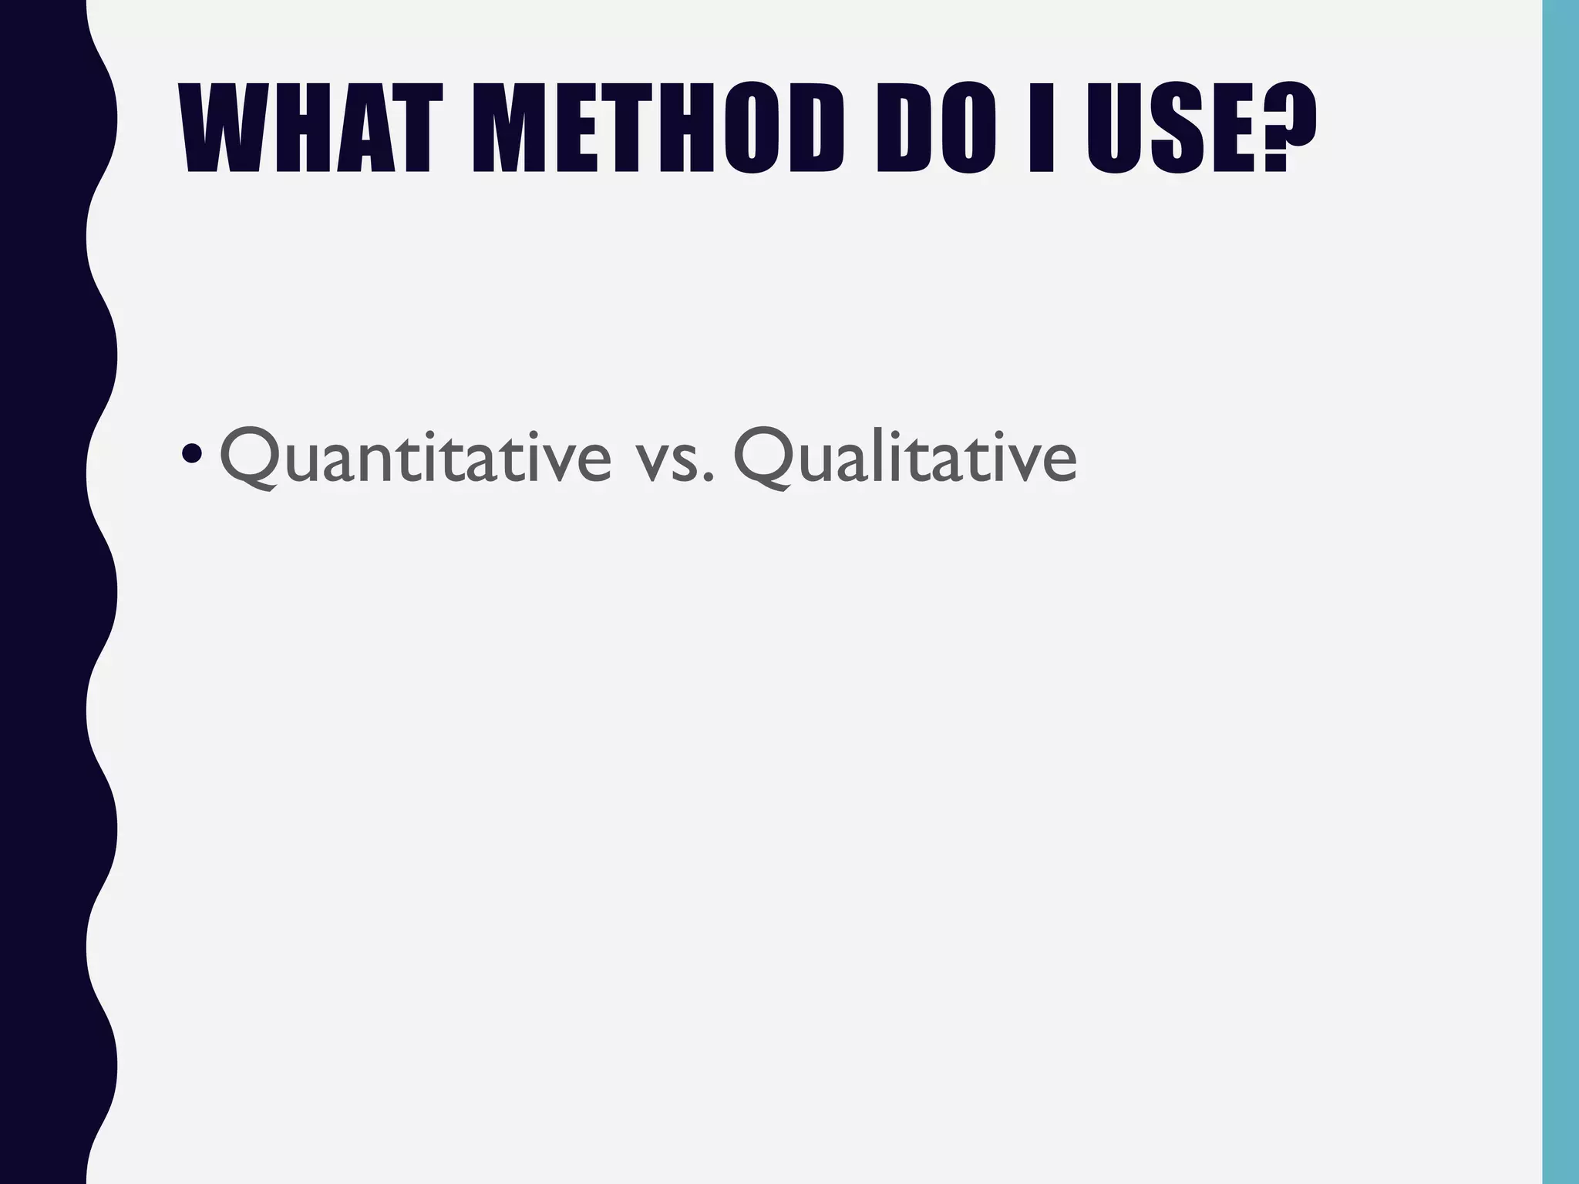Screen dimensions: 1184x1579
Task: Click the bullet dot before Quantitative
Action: tap(190, 456)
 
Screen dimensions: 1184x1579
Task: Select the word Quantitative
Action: tap(416, 457)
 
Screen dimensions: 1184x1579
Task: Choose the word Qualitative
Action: tap(905, 457)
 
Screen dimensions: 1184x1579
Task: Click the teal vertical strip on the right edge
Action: tap(1560, 592)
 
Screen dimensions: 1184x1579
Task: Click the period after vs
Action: tap(707, 479)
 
